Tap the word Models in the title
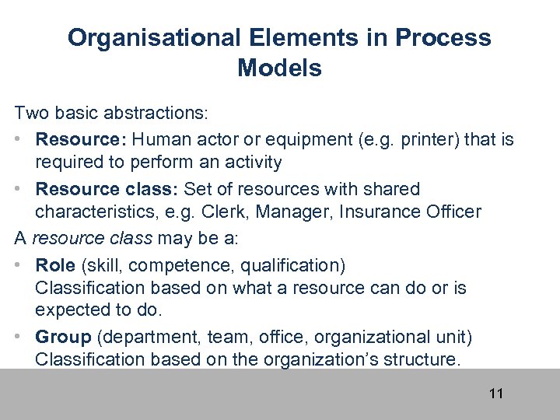tap(279, 68)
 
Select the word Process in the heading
tap(447, 38)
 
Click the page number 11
tap(496, 394)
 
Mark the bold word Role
tap(54, 265)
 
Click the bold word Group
tap(63, 337)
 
